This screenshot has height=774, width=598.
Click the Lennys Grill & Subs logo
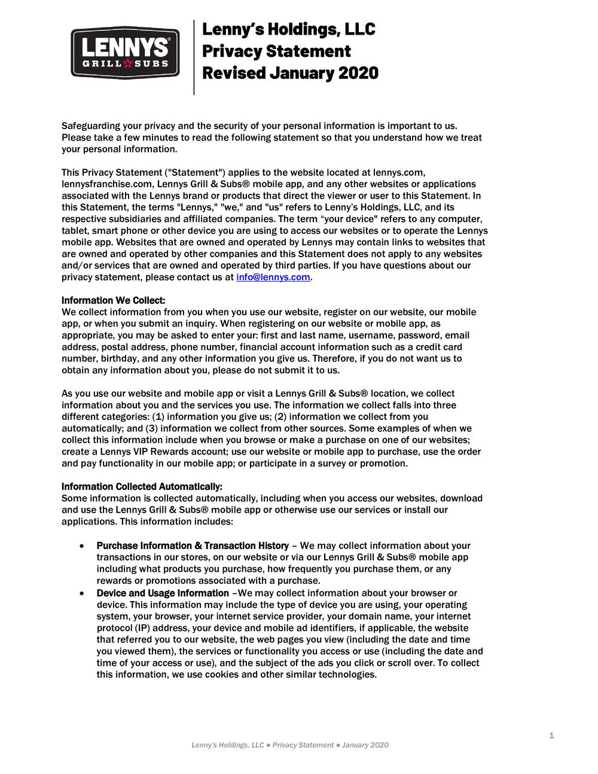click(x=125, y=53)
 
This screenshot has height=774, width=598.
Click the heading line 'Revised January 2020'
click(x=291, y=73)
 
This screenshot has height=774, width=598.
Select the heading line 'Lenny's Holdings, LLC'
click(x=289, y=29)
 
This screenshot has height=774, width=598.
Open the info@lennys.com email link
click(x=273, y=277)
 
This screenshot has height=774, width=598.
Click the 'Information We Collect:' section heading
click(x=114, y=300)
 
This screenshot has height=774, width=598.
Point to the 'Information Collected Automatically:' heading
click(x=142, y=486)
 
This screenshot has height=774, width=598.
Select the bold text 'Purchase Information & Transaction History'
click(x=193, y=546)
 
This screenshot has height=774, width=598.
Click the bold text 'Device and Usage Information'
click(x=163, y=593)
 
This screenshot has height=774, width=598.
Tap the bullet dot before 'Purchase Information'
click(x=81, y=546)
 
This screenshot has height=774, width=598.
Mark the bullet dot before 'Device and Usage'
click(x=81, y=593)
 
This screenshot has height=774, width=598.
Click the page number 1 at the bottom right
click(x=551, y=735)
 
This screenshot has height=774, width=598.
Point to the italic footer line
click(x=290, y=745)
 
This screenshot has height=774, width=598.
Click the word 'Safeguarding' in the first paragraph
click(x=91, y=126)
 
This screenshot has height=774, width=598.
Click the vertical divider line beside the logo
click(x=194, y=57)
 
